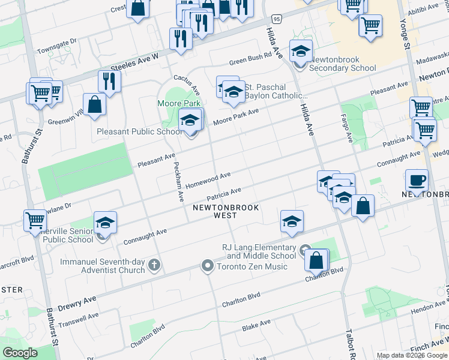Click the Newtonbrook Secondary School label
click(343, 64)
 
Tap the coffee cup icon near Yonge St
click(417, 179)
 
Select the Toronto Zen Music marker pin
click(208, 265)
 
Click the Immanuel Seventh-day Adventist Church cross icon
click(154, 265)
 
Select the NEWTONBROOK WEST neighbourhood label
click(226, 212)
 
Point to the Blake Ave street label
click(256, 326)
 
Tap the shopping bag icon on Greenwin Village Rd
click(95, 104)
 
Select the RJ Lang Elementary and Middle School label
click(259, 251)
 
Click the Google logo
click(20, 352)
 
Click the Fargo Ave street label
click(347, 128)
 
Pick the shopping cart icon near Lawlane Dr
click(35, 220)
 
